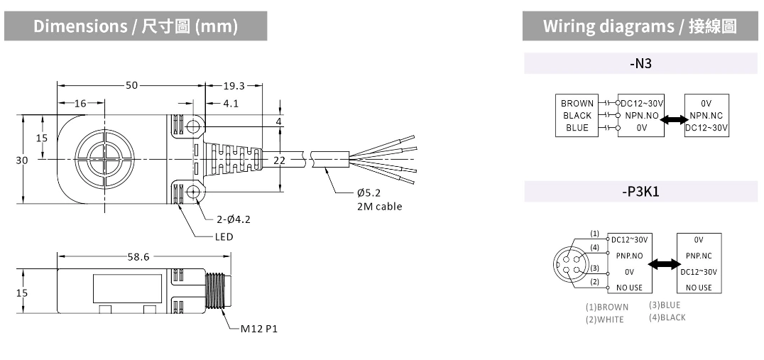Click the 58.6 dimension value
138,257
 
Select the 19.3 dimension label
234,86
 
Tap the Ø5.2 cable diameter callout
369,193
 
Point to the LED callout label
224,236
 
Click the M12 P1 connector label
258,329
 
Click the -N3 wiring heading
640,64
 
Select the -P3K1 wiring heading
640,192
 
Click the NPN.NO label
641,116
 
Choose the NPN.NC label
706,116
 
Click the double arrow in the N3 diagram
672,121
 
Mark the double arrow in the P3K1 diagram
665,264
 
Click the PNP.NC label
699,256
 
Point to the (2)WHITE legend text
605,320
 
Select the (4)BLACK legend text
667,317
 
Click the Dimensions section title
135,27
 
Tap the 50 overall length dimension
131,86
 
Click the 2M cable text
379,207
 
